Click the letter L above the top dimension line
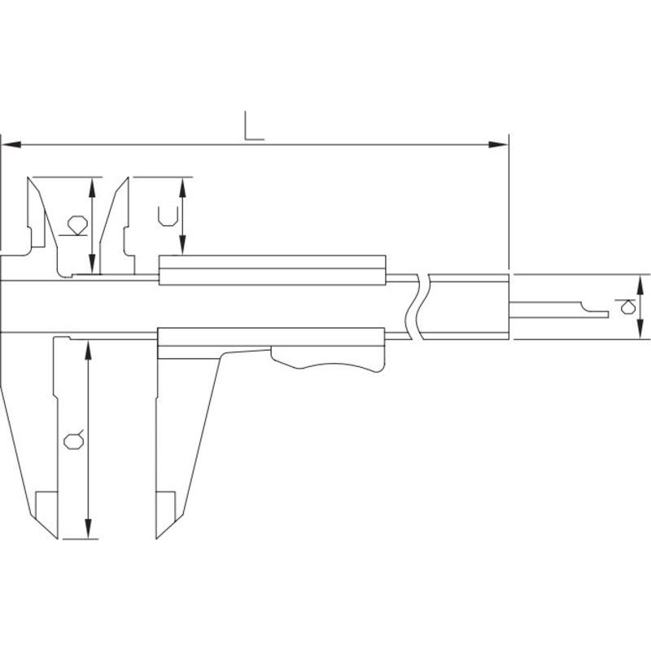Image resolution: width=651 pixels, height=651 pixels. [254, 125]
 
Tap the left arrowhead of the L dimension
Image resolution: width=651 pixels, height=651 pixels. [11, 145]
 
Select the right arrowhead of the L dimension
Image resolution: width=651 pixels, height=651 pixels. [498, 145]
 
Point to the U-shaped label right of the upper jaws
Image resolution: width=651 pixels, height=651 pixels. [168, 216]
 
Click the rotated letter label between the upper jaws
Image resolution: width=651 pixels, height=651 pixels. [78, 225]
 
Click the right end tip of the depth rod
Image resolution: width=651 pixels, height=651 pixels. [608, 314]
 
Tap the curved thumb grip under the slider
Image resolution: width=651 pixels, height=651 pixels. [328, 359]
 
